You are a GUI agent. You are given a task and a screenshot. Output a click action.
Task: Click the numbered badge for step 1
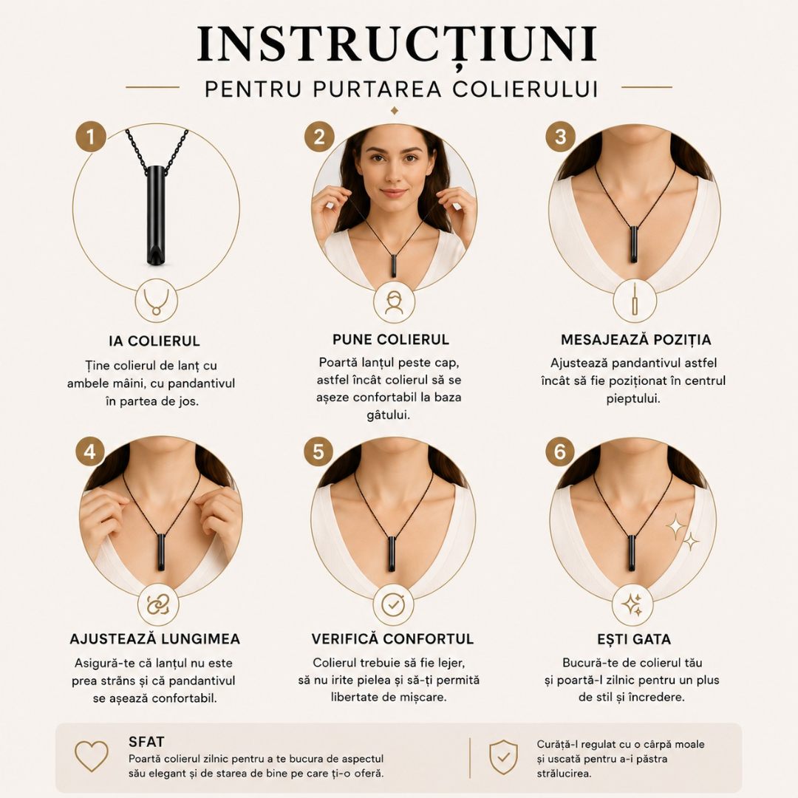[x=91, y=137]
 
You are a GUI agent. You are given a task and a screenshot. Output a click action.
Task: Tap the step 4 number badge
[x=90, y=451]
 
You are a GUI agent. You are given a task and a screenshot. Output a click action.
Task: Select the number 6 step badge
[x=560, y=451]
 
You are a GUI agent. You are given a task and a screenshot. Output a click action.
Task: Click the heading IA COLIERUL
[x=154, y=341]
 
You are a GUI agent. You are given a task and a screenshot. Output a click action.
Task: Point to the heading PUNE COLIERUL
[x=391, y=339]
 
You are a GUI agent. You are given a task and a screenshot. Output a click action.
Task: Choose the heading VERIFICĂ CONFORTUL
[x=392, y=638]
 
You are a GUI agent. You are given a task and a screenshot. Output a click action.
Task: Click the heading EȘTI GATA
[x=634, y=639]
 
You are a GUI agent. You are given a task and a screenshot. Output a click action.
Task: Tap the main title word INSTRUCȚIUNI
[x=397, y=44]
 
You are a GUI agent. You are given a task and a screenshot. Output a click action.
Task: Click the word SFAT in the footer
[x=146, y=742]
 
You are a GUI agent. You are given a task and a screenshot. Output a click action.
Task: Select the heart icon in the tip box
[x=92, y=755]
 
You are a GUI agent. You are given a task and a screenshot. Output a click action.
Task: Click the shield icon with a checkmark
[x=503, y=757]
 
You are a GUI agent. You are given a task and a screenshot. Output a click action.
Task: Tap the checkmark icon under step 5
[x=393, y=605]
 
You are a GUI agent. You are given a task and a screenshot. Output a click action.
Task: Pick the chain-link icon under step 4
[x=158, y=605]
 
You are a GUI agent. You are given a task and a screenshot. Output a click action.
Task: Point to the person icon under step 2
[x=394, y=303]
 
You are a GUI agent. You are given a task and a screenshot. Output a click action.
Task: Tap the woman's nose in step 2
[x=393, y=174]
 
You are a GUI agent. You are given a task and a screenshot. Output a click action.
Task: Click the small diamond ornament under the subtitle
[x=394, y=110]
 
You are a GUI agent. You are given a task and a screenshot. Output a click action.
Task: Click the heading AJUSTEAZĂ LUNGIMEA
[x=154, y=639]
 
